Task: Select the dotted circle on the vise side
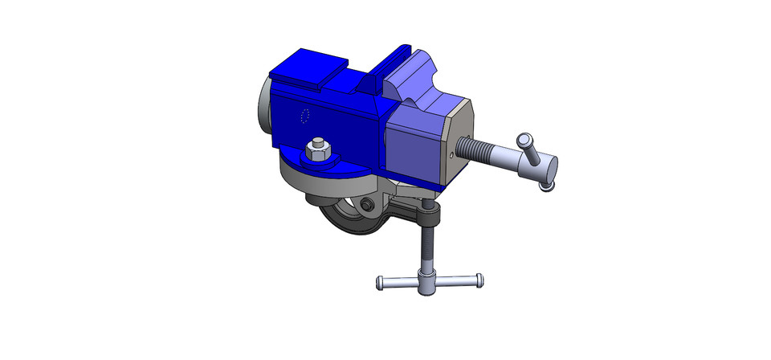pyautogui.click(x=304, y=117)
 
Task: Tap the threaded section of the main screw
pyautogui.click(x=487, y=150)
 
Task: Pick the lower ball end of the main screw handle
pyautogui.click(x=547, y=187)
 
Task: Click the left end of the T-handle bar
pyautogui.click(x=381, y=282)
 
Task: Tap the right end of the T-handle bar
pyautogui.click(x=479, y=279)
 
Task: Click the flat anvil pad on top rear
pyautogui.click(x=308, y=68)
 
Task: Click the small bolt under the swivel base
pyautogui.click(x=367, y=206)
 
